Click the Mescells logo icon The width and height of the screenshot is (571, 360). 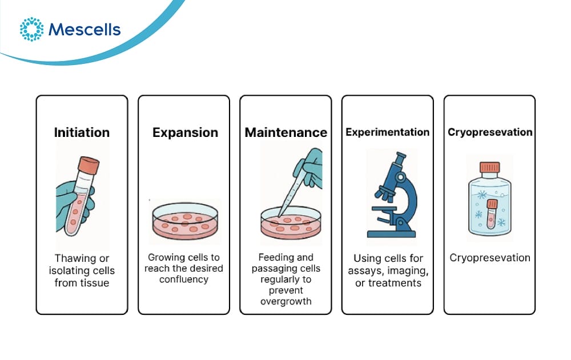click(x=31, y=29)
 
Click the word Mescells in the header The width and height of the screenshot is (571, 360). click(x=85, y=30)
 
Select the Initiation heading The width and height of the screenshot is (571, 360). click(x=82, y=132)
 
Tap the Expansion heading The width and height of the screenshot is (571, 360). click(x=185, y=132)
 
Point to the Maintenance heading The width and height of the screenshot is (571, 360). click(x=286, y=132)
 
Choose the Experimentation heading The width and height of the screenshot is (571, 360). click(x=388, y=132)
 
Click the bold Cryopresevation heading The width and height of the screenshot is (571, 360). click(x=490, y=132)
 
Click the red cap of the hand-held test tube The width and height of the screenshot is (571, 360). click(x=89, y=165)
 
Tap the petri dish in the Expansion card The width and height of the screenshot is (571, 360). click(x=185, y=221)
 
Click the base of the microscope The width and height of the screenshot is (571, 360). click(x=391, y=234)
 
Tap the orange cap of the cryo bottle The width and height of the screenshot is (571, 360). click(x=489, y=167)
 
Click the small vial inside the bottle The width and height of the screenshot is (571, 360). click(x=492, y=214)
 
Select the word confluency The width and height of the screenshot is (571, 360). click(x=184, y=280)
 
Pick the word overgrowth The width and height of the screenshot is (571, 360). click(x=286, y=301)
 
